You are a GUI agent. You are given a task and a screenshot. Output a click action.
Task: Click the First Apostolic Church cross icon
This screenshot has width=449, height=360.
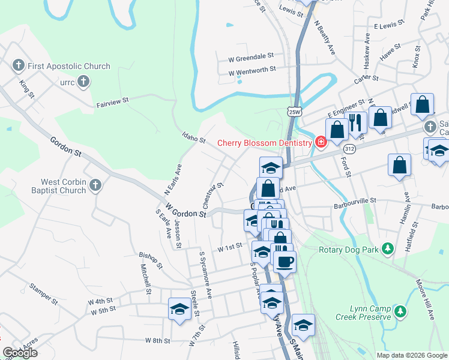pyautogui.click(x=18, y=65)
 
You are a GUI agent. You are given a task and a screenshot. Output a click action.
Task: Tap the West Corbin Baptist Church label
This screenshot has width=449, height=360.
pyautogui.click(x=63, y=186)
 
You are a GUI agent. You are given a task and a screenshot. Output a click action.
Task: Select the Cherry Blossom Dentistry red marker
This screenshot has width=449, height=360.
pyautogui.click(x=321, y=142)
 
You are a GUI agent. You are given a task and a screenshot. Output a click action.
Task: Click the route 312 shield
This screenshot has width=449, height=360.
pyautogui.click(x=350, y=148)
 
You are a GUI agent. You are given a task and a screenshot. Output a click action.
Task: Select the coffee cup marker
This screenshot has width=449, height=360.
pyautogui.click(x=285, y=261)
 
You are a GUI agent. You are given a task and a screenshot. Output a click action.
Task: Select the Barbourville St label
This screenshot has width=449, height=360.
pyautogui.click(x=354, y=200)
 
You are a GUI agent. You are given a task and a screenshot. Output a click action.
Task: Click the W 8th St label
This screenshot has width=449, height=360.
pyautogui.click(x=158, y=340)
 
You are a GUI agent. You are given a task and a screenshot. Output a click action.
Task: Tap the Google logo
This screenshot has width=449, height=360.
pyautogui.click(x=20, y=353)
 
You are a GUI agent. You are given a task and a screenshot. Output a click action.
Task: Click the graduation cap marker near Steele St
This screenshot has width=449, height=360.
pyautogui.click(x=179, y=309)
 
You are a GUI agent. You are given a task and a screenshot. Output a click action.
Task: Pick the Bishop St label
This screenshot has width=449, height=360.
pyautogui.click(x=150, y=257)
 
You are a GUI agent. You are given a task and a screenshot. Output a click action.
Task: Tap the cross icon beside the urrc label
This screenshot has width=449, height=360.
pyautogui.click(x=83, y=81)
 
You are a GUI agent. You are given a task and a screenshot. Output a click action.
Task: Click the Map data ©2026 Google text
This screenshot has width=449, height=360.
pyautogui.click(x=411, y=355)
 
